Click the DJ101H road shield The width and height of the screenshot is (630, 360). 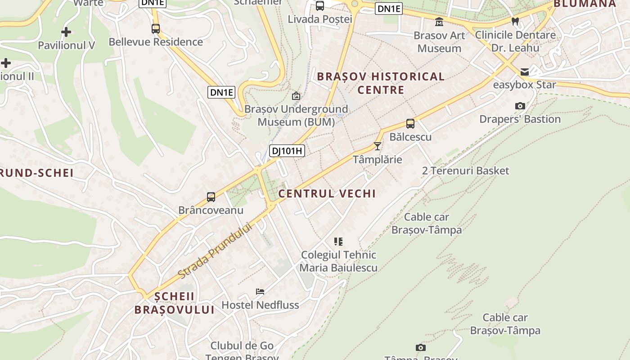coord(287,151)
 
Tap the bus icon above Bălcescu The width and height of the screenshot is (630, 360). coord(410,123)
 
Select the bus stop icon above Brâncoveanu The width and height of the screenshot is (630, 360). coord(211,197)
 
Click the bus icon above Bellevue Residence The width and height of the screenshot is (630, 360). coord(156,29)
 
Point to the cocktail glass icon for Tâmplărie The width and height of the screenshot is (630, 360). coord(378,146)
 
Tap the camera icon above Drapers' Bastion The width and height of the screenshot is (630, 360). coord(520,106)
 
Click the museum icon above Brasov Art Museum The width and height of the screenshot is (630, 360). coord(439,22)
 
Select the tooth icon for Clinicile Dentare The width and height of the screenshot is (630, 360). coord(516,21)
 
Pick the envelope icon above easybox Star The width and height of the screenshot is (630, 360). coord(525,72)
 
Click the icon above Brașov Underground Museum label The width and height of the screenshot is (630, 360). coord(296,96)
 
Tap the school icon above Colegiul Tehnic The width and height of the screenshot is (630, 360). coord(338,242)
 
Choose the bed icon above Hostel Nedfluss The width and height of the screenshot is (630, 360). coord(260,292)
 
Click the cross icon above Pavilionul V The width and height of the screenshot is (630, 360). coord(66,32)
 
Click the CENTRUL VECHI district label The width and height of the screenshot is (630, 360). coord(327,194)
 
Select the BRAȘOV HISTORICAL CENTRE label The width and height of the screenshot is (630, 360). coord(381,83)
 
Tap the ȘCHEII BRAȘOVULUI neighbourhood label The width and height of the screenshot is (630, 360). coord(175,303)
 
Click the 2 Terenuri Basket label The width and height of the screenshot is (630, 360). coord(465,171)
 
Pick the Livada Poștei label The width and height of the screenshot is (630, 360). coord(320,19)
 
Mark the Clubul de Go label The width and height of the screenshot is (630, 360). coord(242,346)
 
